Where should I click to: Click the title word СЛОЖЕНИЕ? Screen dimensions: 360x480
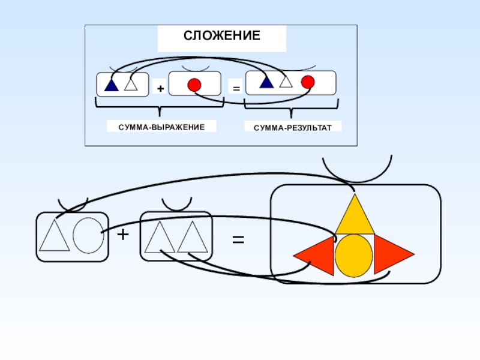[221, 36]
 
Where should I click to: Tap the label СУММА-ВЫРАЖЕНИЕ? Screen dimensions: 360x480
[161, 127]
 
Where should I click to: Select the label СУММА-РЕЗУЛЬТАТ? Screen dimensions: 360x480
[292, 127]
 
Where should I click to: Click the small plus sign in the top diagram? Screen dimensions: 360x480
[160, 89]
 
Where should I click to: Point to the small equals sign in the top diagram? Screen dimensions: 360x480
[236, 89]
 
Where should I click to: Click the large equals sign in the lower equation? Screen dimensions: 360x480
[238, 239]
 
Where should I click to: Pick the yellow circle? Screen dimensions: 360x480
[354, 256]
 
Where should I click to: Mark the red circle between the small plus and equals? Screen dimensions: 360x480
[194, 85]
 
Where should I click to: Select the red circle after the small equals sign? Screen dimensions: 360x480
[307, 82]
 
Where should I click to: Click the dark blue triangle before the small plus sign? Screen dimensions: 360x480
[111, 85]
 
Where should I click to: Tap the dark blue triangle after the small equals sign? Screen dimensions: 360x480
[266, 82]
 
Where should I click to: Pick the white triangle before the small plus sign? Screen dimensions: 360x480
[131, 85]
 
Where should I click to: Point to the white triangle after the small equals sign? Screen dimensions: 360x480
[286, 82]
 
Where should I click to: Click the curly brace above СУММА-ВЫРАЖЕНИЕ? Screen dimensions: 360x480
[160, 109]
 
